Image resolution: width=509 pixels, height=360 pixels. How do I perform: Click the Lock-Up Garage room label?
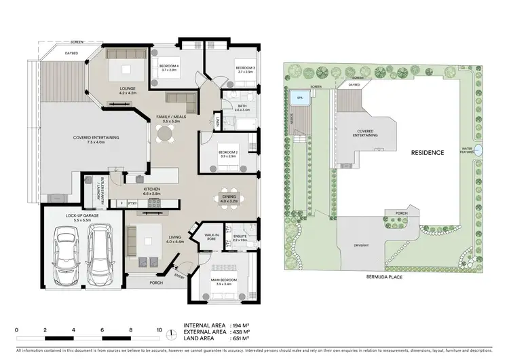pos(82,217)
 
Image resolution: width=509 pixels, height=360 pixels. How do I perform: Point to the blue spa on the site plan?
pos(300,98)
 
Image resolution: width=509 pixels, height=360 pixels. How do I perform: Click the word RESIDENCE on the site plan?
pos(426,153)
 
